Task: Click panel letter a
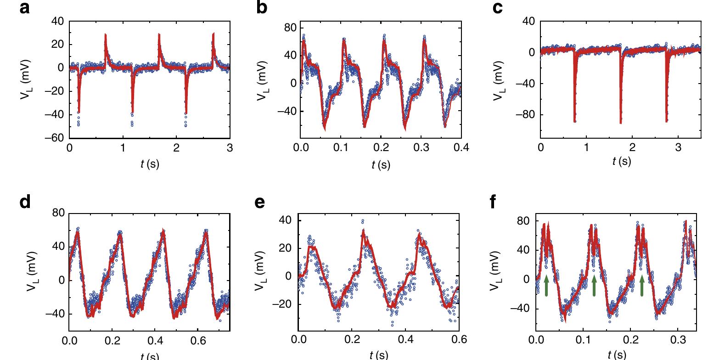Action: pyautogui.click(x=25, y=8)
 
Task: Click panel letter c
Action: pyautogui.click(x=497, y=8)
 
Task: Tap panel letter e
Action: pyautogui.click(x=259, y=202)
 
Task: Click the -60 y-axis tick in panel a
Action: pyautogui.click(x=57, y=138)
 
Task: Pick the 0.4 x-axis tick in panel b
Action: pyautogui.click(x=461, y=147)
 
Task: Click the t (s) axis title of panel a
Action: pyautogui.click(x=150, y=164)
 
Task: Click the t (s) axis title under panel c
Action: pyautogui.click(x=622, y=161)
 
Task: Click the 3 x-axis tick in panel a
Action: pyautogui.click(x=230, y=147)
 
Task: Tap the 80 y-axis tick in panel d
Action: pyautogui.click(x=58, y=213)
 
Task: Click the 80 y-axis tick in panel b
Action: pyautogui.click(x=290, y=28)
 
